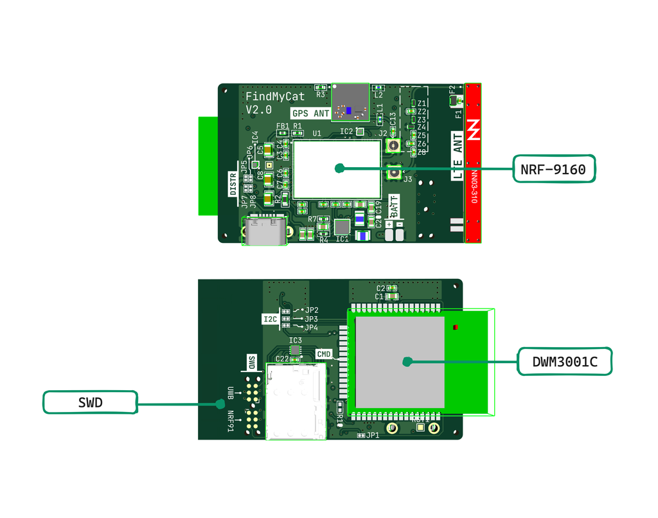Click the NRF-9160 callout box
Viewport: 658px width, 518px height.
[x=554, y=169]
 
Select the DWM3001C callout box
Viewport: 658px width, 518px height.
[x=564, y=362]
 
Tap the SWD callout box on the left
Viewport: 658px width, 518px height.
[x=90, y=402]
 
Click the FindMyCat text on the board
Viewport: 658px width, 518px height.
[x=275, y=96]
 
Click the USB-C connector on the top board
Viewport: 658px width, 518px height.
[x=263, y=231]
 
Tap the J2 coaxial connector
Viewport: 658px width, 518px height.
[x=392, y=146]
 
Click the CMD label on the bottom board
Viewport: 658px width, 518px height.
[x=325, y=354]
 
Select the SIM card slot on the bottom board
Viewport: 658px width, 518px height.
[x=296, y=402]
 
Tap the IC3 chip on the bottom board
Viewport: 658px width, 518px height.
[x=296, y=350]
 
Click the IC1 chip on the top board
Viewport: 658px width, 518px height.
[x=342, y=226]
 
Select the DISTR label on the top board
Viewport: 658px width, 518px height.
[x=233, y=183]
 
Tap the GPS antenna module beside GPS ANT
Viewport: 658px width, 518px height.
[x=350, y=102]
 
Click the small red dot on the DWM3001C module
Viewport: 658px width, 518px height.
[x=456, y=328]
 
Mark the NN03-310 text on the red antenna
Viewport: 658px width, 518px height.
[x=474, y=187]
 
